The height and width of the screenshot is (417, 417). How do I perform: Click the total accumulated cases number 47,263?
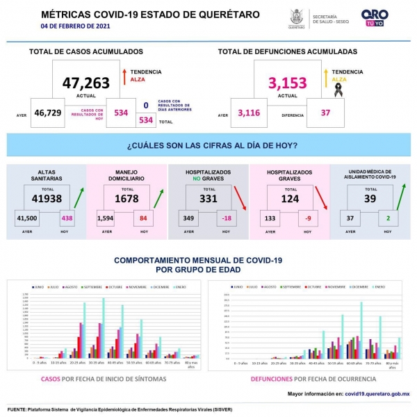[x=86, y=83]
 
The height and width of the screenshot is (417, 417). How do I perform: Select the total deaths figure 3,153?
[x=288, y=83]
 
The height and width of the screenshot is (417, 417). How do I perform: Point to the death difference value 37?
[x=326, y=113]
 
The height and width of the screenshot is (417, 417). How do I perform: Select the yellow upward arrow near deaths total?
[x=325, y=75]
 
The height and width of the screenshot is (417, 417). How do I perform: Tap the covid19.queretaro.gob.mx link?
[x=377, y=394]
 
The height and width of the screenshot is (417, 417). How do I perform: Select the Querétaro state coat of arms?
[x=296, y=17]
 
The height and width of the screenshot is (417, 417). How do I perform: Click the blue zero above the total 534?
[x=146, y=106]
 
